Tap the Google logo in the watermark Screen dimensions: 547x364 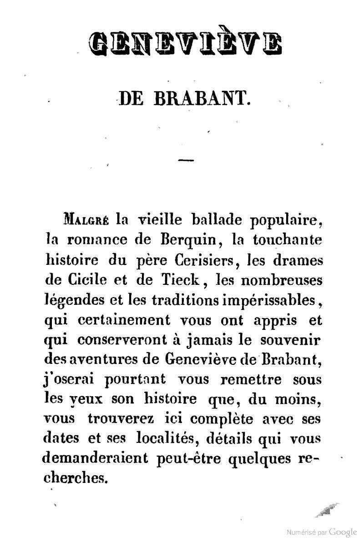pos(343,532)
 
